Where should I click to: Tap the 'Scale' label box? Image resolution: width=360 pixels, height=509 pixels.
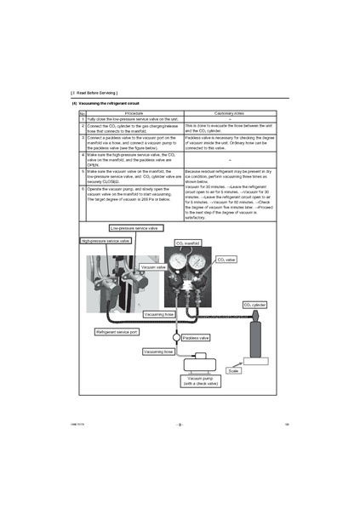pos(234,371)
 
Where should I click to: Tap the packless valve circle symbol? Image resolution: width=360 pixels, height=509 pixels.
pos(175,338)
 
